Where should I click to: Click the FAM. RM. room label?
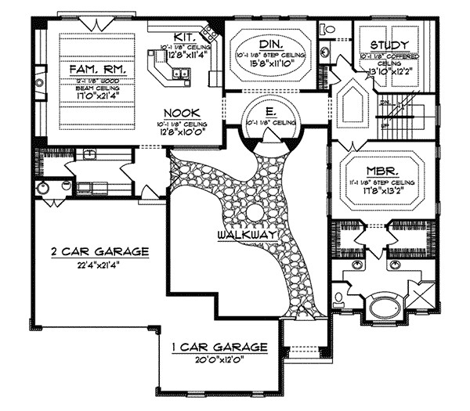[98, 70]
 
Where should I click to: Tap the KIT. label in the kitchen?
[183, 38]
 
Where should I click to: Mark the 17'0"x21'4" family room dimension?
[98, 97]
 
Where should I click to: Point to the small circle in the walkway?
[255, 214]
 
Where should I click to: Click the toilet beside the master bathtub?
[339, 298]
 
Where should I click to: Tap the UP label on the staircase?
[385, 124]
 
